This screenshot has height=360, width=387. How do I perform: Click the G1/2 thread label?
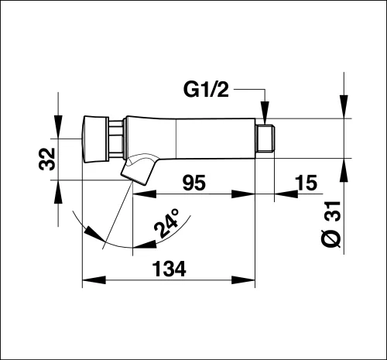coord(206,89)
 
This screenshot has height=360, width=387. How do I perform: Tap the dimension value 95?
coord(194,183)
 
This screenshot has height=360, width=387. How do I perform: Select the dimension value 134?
coord(169,269)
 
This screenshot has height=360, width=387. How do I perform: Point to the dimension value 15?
coord(306,183)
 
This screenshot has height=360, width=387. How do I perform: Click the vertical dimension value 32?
coord(47,159)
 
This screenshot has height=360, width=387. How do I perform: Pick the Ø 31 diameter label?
coord(332,224)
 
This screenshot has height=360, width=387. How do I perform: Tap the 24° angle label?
coord(166,223)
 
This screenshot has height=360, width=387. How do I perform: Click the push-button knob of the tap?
coord(95,139)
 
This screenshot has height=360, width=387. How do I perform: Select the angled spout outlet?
coord(138,170)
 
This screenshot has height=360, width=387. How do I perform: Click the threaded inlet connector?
coord(265,139)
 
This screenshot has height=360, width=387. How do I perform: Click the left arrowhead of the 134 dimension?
coord(94,280)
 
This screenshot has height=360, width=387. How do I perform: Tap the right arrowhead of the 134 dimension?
coord(243,280)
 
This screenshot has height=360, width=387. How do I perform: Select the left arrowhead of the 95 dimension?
coord(145,194)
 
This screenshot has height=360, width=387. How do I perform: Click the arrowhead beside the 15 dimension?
coord(286,194)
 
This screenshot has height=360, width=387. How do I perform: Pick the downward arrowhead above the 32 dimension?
coord(58,127)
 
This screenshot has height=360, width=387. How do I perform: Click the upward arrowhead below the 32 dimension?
coord(58,192)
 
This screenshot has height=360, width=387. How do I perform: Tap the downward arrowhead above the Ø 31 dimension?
coord(344,107)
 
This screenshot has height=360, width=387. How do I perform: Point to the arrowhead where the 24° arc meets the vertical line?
coord(145,245)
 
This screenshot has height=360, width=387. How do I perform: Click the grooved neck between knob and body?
coord(115,139)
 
